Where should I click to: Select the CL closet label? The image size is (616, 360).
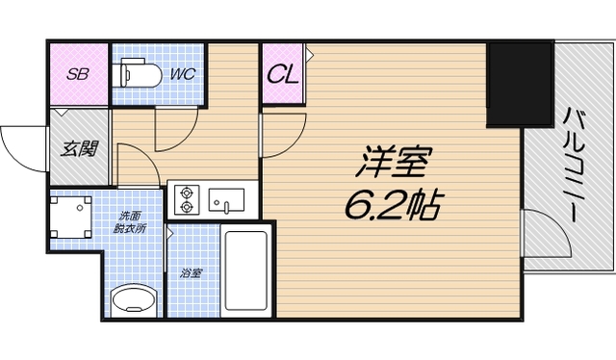(281, 73)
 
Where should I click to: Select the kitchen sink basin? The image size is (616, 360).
(227, 200)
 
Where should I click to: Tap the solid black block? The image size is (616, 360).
(519, 85)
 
